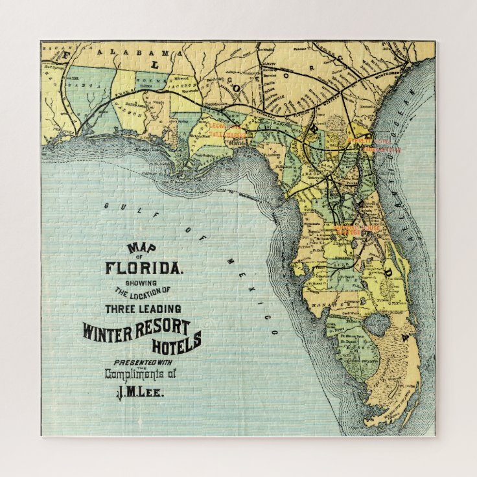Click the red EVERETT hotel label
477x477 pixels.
point(360,139)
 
